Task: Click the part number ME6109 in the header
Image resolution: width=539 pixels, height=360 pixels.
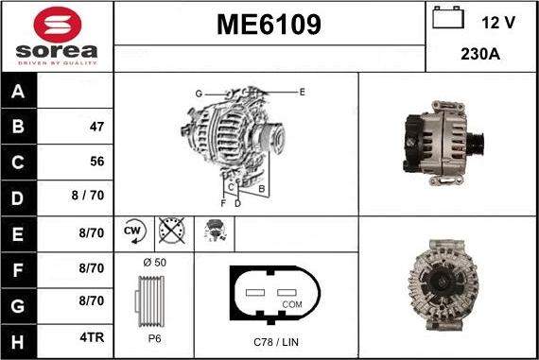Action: coord(269,26)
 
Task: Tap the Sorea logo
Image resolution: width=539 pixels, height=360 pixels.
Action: coord(57,36)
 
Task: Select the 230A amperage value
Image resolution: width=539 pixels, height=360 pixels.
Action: coord(480,54)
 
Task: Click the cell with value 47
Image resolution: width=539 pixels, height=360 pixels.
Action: coord(96,127)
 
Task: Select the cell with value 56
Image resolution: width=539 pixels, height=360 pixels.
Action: coord(96,162)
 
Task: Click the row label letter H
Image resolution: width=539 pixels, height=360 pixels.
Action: coord(19,339)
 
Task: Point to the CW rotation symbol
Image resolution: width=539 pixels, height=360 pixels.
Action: coord(131,231)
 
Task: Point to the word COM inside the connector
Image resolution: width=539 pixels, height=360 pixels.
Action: coord(292,304)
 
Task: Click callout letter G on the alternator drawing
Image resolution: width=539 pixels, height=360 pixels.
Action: coord(199,93)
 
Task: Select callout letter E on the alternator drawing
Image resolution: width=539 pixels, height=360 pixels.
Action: coord(302,92)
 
